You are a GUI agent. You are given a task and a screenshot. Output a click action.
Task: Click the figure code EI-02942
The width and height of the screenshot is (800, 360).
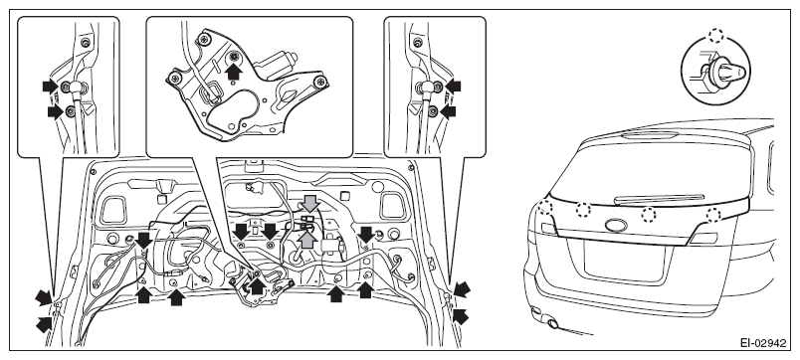[763, 343]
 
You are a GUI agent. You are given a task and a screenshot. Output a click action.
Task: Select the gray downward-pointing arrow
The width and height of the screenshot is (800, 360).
[309, 204]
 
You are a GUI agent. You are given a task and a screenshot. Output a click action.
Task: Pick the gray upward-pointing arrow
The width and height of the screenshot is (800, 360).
[306, 239]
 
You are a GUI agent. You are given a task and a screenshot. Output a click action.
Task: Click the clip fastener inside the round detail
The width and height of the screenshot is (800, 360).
[721, 72]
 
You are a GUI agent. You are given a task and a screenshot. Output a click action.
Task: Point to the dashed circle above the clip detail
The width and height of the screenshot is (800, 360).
[716, 36]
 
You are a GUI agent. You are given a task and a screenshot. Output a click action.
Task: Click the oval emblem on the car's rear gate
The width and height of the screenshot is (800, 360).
[616, 225]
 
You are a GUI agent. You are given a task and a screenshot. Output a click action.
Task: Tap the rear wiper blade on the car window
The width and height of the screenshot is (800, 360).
[658, 199]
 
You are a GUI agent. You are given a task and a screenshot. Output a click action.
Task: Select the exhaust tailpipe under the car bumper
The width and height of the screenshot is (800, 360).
[551, 323]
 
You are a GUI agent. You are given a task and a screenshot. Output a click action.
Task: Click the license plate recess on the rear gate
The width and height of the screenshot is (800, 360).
[625, 263]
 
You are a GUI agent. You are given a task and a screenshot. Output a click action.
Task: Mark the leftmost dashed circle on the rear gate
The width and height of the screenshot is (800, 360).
[545, 207]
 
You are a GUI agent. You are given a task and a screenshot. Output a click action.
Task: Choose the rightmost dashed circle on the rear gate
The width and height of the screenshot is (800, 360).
[713, 215]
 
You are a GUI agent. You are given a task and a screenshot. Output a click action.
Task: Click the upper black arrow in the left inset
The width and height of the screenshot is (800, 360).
[51, 86]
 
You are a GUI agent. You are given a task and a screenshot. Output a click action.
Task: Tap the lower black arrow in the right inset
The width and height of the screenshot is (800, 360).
[448, 112]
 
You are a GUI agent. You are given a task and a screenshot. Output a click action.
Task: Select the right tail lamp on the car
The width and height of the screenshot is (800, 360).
[704, 238]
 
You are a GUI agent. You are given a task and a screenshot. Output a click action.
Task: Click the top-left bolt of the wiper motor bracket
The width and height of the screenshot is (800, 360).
[204, 39]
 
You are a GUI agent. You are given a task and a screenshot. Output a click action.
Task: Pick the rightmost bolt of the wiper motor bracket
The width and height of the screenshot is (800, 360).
[319, 81]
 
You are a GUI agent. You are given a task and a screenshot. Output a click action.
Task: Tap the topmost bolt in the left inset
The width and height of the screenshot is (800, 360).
[86, 43]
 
